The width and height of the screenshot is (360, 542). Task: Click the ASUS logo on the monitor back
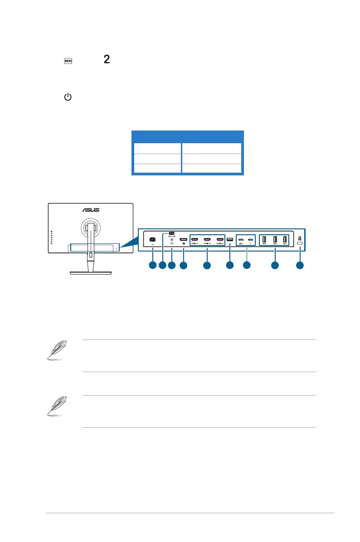[91, 210]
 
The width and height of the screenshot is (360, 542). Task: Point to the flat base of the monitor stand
[91, 273]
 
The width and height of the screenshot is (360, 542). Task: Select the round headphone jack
[172, 240]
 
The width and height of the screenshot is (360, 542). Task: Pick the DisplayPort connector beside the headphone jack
[183, 240]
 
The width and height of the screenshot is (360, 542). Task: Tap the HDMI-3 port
[220, 240]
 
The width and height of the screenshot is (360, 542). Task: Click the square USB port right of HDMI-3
[230, 240]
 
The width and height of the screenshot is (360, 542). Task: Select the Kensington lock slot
[300, 244]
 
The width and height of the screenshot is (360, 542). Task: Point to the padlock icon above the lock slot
[300, 237]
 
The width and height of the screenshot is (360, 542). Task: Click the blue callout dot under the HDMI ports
[207, 266]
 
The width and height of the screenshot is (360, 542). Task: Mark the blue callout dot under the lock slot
[300, 266]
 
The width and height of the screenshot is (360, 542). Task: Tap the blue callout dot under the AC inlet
[152, 266]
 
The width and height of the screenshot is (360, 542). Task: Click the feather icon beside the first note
[56, 350]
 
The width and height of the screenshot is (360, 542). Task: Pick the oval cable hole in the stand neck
[91, 256]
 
